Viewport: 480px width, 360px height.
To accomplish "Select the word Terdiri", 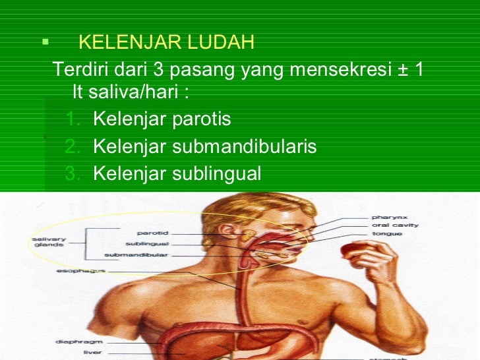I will point(78,69).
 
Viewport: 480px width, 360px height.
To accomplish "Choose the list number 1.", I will point(73,119).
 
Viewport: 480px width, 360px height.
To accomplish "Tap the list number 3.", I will point(73,173).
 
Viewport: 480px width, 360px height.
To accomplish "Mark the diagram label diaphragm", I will point(69,342).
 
